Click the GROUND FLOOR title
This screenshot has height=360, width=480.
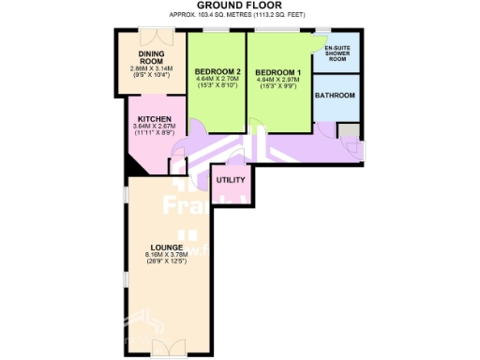241,6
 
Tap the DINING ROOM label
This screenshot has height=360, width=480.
152,57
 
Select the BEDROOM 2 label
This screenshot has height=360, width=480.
217,72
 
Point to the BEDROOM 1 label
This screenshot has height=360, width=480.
277,72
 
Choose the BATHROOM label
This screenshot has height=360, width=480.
335,96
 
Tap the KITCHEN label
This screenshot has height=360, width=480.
151,119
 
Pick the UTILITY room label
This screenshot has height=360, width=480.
231,180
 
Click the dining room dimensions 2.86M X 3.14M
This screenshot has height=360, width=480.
152,68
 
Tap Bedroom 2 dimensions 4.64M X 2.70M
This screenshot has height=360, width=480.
217,81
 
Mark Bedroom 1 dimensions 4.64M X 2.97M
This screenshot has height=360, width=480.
277,81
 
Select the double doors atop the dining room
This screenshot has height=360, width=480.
152,36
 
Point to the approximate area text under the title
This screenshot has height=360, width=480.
240,15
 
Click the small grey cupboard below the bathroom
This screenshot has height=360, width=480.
347,130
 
